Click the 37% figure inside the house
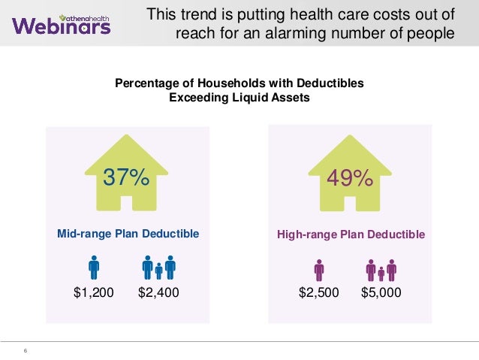point(126,177)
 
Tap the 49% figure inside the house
point(350,178)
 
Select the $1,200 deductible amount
point(94,292)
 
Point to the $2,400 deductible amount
point(158,292)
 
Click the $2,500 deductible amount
point(318,292)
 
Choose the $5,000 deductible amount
point(381,292)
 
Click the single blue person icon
point(94,268)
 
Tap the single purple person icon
point(319,271)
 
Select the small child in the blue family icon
point(158,271)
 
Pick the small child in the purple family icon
point(381,274)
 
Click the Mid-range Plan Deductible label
point(128,234)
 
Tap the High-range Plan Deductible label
point(351,234)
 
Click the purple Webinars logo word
point(62,26)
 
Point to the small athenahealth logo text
point(85,18)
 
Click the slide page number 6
point(26,350)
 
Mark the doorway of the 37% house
point(126,203)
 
